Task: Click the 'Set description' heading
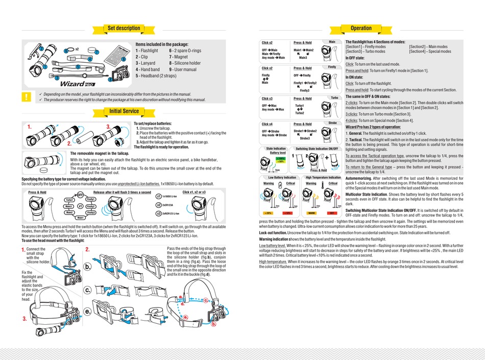click(x=124, y=28)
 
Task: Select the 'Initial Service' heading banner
click(x=124, y=111)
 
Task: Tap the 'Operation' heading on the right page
click(x=361, y=28)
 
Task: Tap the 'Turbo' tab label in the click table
click(x=334, y=98)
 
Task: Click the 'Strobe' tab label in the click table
click(x=332, y=123)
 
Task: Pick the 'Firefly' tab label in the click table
click(x=332, y=67)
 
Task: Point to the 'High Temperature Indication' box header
click(x=323, y=177)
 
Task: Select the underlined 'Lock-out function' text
click(x=273, y=232)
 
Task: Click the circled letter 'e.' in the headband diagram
click(x=88, y=311)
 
